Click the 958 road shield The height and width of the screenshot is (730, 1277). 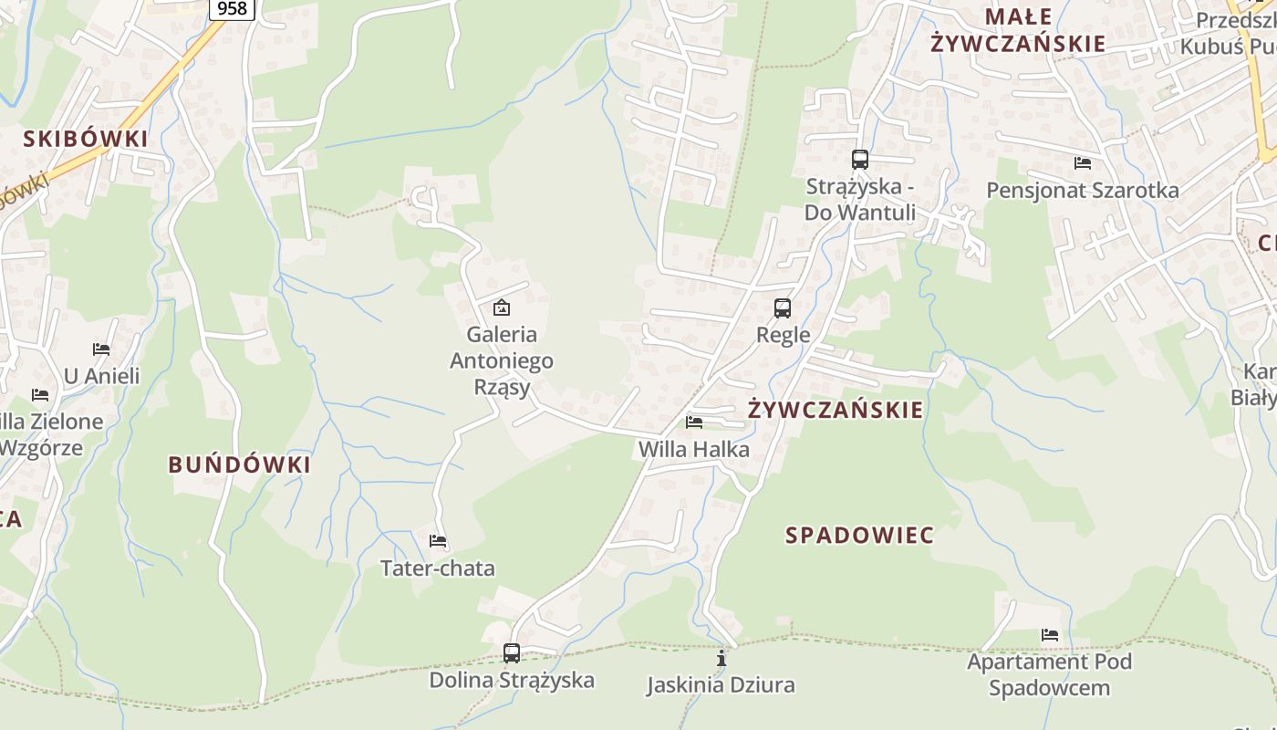click(233, 8)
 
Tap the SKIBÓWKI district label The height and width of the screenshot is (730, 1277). click(85, 139)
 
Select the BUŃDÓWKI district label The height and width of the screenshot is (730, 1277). click(240, 464)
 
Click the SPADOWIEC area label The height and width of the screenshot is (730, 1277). click(860, 536)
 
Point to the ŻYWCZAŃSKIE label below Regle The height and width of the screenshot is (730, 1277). click(836, 410)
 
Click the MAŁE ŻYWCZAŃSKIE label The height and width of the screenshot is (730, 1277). click(1018, 30)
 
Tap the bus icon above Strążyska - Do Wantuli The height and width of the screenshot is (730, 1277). click(859, 160)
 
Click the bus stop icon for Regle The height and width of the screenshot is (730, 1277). click(783, 308)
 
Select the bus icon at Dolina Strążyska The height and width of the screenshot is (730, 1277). click(512, 653)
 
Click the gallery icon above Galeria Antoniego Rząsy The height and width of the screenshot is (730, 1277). click(501, 308)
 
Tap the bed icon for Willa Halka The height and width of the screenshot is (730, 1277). click(694, 422)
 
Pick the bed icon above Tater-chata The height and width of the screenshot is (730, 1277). click(438, 541)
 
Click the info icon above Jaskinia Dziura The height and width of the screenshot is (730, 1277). click(722, 658)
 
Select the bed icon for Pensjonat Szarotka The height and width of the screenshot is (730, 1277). click(1083, 163)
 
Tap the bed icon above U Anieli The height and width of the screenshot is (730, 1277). click(101, 349)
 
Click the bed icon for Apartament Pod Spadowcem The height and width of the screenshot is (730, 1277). click(1050, 635)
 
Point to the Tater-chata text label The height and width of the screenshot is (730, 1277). click(438, 568)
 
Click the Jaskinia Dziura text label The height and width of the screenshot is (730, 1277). click(721, 684)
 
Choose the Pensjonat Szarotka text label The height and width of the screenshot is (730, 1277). click(1083, 191)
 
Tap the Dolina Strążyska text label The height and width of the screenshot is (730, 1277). click(512, 680)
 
